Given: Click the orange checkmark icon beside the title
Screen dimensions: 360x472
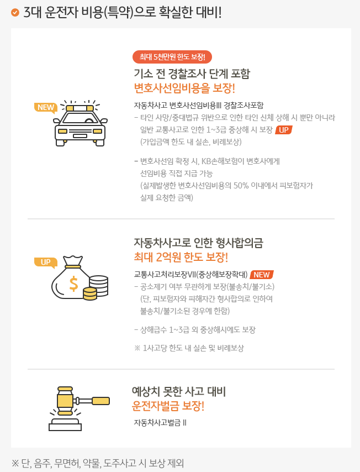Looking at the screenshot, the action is (x=15, y=12).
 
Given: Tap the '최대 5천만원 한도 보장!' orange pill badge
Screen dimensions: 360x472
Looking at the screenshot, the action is (x=172, y=57).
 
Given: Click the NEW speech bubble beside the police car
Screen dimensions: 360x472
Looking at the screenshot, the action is (x=45, y=108).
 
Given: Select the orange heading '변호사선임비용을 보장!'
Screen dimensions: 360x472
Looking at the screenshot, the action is (x=184, y=88).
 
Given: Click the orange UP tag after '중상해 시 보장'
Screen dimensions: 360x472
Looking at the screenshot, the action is (x=284, y=130).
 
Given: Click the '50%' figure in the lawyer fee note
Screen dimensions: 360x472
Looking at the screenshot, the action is (x=241, y=186).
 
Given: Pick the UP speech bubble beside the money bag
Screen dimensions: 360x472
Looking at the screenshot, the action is (x=45, y=262).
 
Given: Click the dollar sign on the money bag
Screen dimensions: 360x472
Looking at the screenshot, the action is (x=73, y=284).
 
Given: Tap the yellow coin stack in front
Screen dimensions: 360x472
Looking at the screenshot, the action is (x=90, y=293).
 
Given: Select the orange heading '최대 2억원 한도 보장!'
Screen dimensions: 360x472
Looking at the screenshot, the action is (x=181, y=258).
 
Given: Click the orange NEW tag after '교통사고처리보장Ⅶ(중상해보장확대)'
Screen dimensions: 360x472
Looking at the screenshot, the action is (x=262, y=275).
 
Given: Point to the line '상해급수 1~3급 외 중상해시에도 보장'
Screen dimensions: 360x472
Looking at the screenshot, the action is (x=195, y=330).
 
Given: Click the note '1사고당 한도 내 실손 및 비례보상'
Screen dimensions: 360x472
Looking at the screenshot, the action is (x=193, y=348).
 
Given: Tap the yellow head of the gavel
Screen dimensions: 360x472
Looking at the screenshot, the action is (x=65, y=401).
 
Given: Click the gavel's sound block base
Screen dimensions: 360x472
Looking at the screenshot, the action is (x=65, y=424).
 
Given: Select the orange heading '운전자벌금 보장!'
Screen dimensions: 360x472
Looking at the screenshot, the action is (x=168, y=406).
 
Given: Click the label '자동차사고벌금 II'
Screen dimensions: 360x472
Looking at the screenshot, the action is (x=160, y=423).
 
